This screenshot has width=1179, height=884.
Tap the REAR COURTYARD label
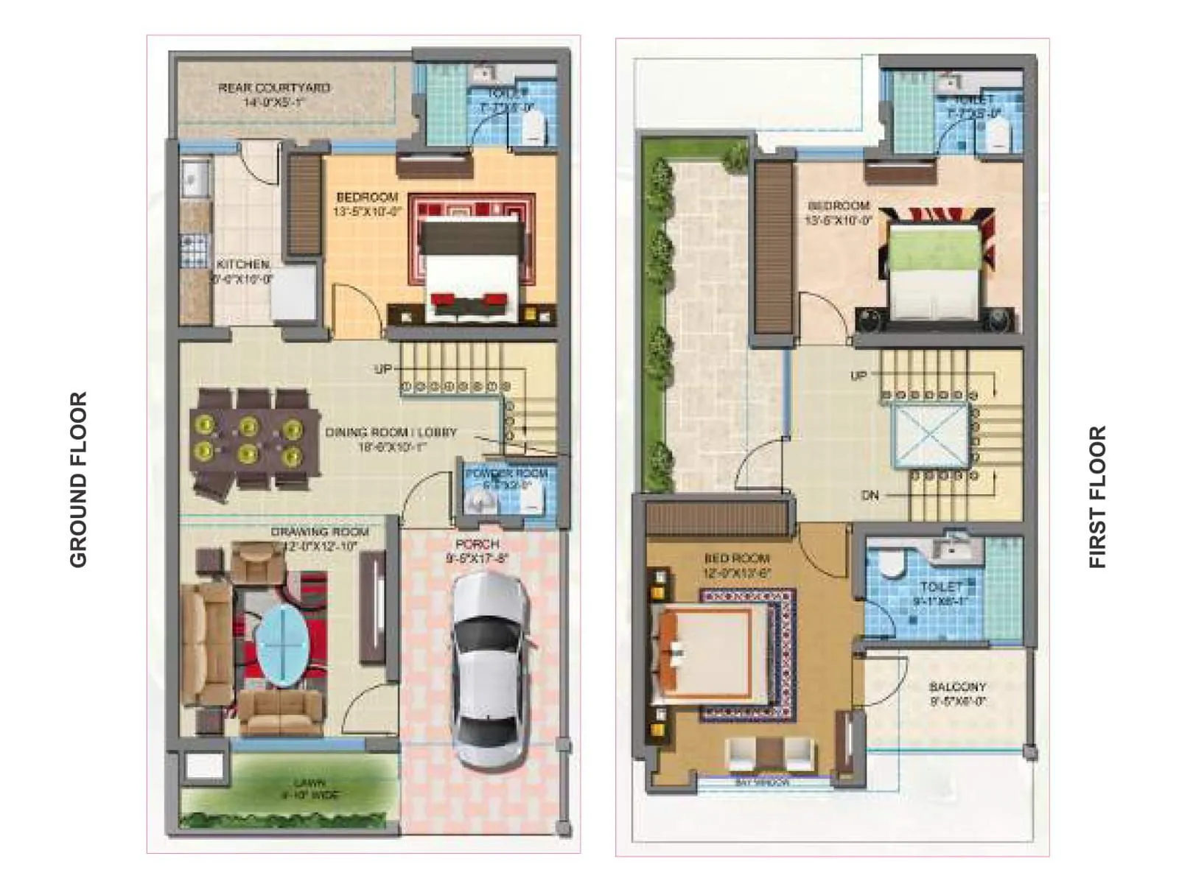[274, 88]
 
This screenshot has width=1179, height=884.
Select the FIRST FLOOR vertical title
[1098, 497]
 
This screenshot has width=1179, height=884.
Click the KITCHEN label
[242, 264]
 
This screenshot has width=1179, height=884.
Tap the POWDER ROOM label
[506, 473]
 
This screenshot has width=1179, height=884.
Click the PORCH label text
[477, 544]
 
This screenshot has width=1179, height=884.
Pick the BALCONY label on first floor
[957, 687]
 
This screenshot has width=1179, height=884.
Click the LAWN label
[309, 783]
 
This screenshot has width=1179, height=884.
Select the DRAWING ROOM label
[319, 532]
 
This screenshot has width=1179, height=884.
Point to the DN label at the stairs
[870, 496]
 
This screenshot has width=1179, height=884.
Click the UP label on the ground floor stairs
[382, 368]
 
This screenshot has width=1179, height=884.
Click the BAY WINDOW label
[762, 782]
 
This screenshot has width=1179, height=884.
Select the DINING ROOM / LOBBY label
[391, 432]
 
